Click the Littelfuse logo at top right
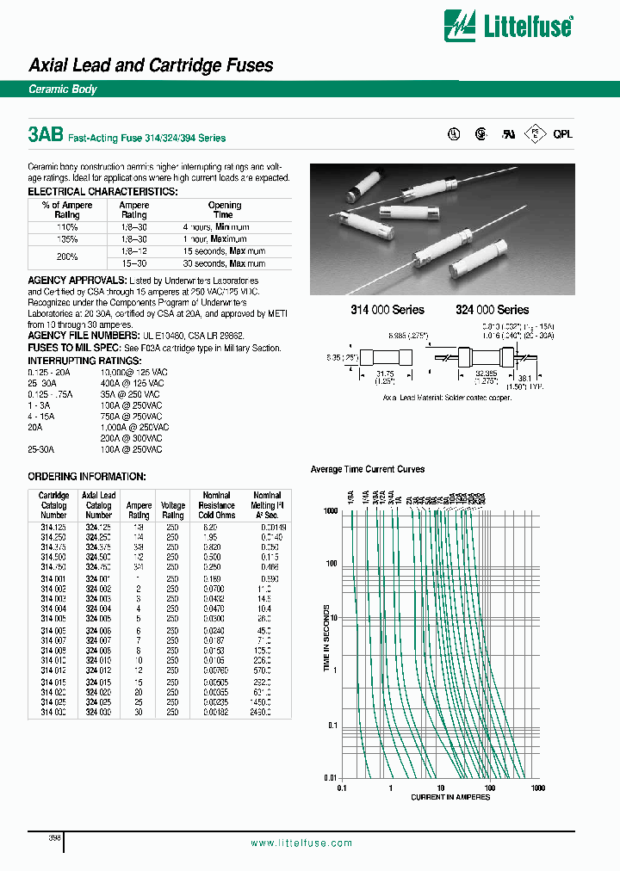507,25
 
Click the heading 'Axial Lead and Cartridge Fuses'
151,65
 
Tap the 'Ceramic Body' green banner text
63,90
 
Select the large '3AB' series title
45,135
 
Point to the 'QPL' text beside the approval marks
562,134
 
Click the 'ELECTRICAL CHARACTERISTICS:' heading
102,191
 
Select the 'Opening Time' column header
225,210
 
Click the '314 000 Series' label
385,310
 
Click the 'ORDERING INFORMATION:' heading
87,477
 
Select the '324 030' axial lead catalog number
98,713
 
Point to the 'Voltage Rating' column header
173,510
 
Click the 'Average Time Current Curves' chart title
368,469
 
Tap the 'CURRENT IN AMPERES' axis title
450,797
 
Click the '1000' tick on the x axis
538,788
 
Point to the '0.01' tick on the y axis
329,777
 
